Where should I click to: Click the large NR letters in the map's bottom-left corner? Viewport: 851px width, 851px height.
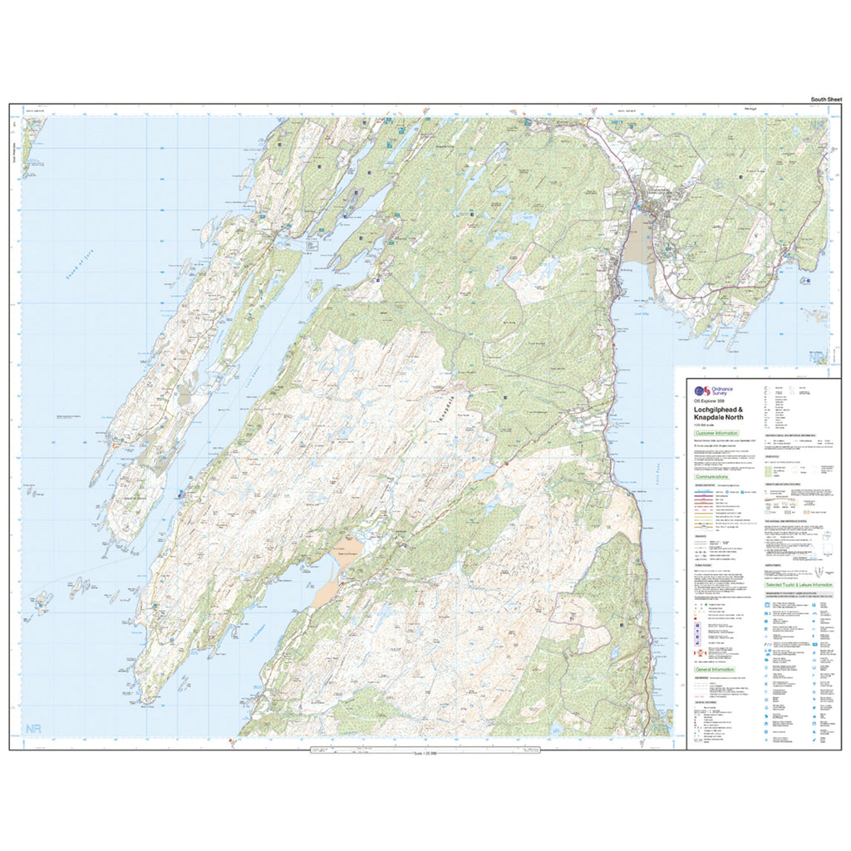point(33,729)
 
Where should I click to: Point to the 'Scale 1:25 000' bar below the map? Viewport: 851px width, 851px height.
point(425,753)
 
